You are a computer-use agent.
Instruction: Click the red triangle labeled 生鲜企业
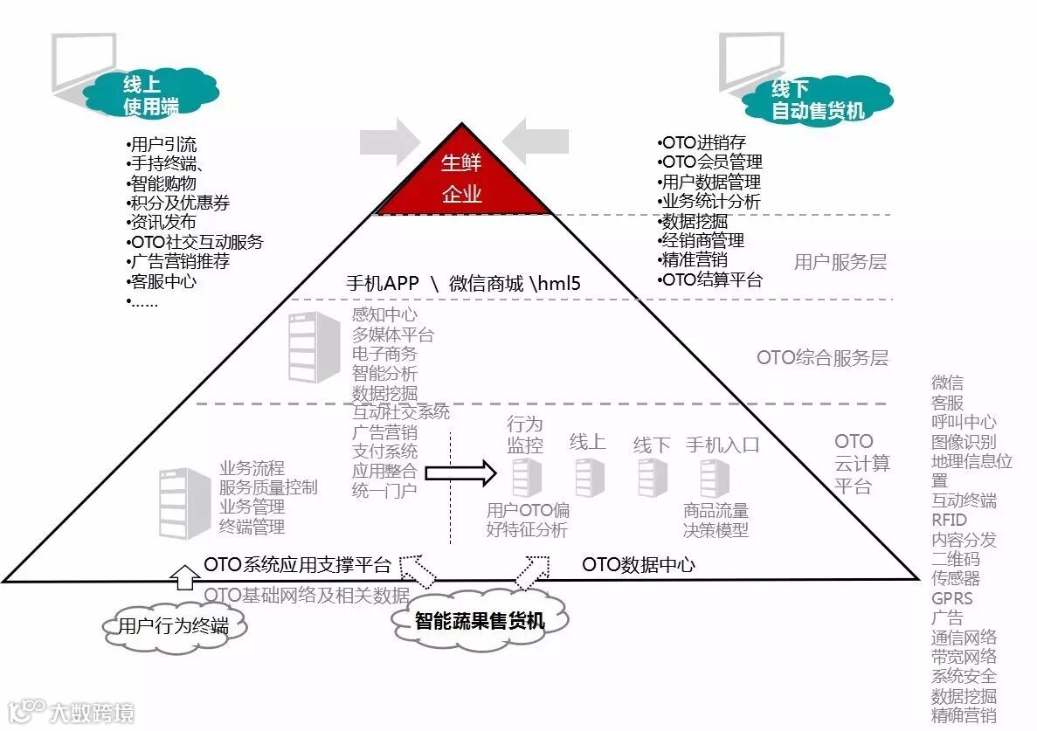[x=461, y=182]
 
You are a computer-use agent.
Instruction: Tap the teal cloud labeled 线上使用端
[x=149, y=95]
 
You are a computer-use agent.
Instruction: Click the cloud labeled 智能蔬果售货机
[x=480, y=621]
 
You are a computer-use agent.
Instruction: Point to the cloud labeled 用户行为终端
[x=173, y=626]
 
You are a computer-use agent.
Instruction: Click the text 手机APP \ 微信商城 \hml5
[x=463, y=283]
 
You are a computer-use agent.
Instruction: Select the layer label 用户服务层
[x=840, y=261]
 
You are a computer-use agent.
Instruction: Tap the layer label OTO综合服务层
[x=822, y=357]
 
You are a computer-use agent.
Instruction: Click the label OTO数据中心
[x=639, y=564]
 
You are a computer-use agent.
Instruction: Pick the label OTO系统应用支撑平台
[x=297, y=564]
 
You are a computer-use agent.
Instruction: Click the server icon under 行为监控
[x=526, y=478]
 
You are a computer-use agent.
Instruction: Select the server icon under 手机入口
[x=714, y=478]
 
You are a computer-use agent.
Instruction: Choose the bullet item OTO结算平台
[x=712, y=279]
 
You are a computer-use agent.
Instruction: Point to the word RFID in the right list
[x=949, y=520]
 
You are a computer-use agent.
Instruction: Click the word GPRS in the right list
[x=951, y=598]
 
